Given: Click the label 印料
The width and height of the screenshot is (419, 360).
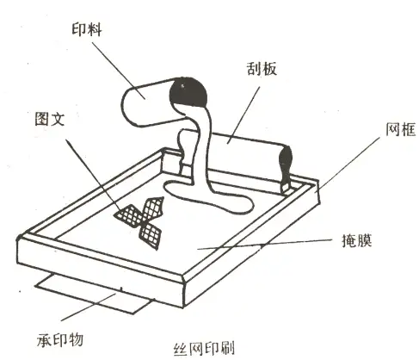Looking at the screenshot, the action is [x=87, y=30].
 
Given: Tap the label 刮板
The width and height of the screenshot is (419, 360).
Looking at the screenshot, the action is [x=262, y=69].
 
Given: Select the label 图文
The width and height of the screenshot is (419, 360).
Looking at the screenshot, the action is [x=50, y=119].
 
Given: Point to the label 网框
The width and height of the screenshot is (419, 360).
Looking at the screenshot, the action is [x=401, y=129].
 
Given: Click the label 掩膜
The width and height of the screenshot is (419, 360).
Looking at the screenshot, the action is [x=357, y=240].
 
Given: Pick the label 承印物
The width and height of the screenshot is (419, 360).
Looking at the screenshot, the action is [x=60, y=340].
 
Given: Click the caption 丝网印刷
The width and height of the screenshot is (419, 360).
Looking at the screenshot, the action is [x=204, y=348].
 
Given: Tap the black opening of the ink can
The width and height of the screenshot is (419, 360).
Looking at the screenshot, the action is [x=188, y=92].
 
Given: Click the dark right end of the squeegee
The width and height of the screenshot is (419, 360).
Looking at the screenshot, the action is [x=286, y=165].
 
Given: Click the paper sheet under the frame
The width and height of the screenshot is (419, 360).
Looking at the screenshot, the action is [x=95, y=295].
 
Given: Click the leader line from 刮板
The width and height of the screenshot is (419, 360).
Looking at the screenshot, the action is [x=243, y=115].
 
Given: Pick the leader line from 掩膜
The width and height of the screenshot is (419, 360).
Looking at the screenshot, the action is [x=264, y=244].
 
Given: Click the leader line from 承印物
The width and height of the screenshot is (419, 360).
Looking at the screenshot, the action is [x=89, y=307].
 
